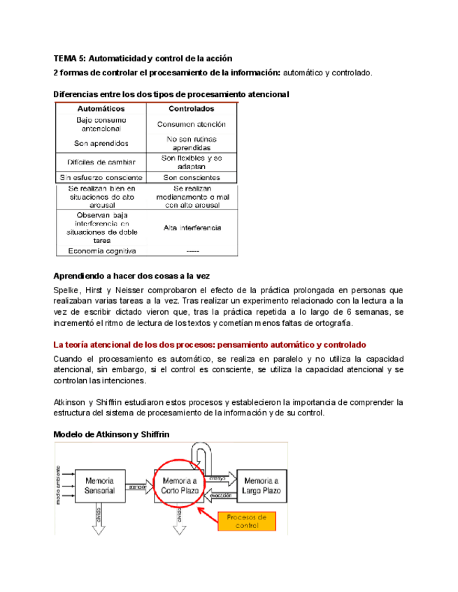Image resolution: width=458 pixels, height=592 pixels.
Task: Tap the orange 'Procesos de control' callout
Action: [248, 521]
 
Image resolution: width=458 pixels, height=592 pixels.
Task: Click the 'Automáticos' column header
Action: [101, 109]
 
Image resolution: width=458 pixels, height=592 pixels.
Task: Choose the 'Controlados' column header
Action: [191, 109]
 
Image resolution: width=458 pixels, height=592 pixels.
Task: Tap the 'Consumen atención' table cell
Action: [191, 124]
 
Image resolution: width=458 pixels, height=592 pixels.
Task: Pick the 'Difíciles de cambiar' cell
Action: [101, 162]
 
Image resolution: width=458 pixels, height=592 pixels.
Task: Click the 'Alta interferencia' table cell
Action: [191, 228]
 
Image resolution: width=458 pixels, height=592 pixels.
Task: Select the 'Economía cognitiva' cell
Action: [101, 251]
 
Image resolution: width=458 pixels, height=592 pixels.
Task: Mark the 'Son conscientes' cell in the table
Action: [191, 178]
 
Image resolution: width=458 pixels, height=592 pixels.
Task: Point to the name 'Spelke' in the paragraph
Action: [67, 290]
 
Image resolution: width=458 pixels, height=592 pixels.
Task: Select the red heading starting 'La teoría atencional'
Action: [209, 345]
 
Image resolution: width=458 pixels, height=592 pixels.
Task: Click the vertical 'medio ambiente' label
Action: [58, 485]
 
